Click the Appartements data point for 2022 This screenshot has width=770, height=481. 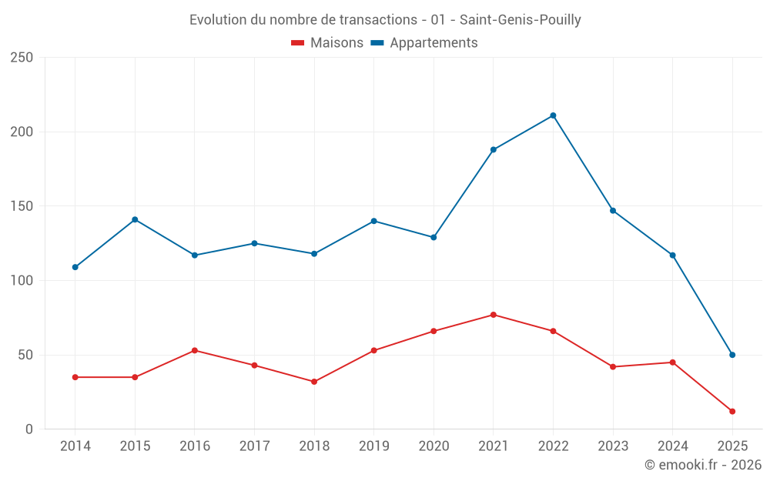553,115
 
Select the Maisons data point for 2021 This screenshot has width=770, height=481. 494,315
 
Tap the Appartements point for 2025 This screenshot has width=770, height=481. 732,355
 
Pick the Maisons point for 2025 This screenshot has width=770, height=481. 732,412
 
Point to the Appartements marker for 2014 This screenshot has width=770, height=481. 75,267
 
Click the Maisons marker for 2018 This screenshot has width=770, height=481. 314,382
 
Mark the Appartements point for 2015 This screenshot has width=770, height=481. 135,219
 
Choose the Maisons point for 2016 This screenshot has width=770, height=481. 195,350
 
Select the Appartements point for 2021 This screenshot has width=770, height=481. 494,149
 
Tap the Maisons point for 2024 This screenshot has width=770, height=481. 672,362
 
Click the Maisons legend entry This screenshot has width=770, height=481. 327,43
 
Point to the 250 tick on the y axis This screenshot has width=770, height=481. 22,58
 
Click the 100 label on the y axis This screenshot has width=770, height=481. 22,281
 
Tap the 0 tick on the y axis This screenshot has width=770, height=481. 28,429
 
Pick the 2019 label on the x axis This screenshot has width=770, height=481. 374,446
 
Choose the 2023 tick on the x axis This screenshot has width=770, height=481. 613,446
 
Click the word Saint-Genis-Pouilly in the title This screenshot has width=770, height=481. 520,20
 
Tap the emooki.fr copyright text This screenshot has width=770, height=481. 703,465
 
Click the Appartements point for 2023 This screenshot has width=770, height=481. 613,210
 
